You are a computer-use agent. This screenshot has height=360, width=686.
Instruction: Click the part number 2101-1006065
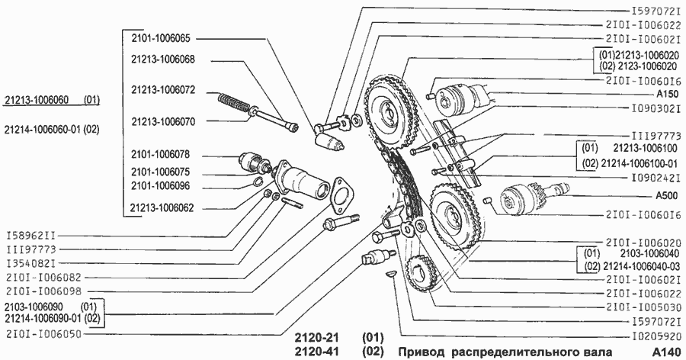click(161, 38)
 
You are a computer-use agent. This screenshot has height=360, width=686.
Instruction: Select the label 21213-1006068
click(163, 59)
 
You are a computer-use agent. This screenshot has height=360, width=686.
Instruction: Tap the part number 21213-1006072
click(163, 90)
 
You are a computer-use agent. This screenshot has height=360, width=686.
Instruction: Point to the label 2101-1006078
click(161, 155)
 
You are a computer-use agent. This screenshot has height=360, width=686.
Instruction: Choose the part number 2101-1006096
click(161, 186)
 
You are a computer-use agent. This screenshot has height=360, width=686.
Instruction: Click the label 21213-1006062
click(163, 207)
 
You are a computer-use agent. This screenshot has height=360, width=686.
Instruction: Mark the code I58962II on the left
click(31, 236)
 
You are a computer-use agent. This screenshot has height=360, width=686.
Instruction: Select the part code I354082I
click(31, 263)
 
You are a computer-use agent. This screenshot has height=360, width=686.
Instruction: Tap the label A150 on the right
click(668, 94)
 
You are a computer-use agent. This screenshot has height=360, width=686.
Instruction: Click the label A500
click(667, 195)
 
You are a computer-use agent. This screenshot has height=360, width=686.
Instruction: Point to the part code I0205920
click(656, 336)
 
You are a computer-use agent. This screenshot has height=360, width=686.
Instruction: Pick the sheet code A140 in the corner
click(667, 352)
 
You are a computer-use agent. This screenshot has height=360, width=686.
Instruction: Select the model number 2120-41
click(317, 352)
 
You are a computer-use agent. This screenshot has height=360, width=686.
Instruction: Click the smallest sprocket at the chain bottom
click(420, 272)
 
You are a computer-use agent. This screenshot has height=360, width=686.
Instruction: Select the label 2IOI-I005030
click(643, 307)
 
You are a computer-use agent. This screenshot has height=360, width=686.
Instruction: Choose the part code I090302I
click(656, 108)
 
